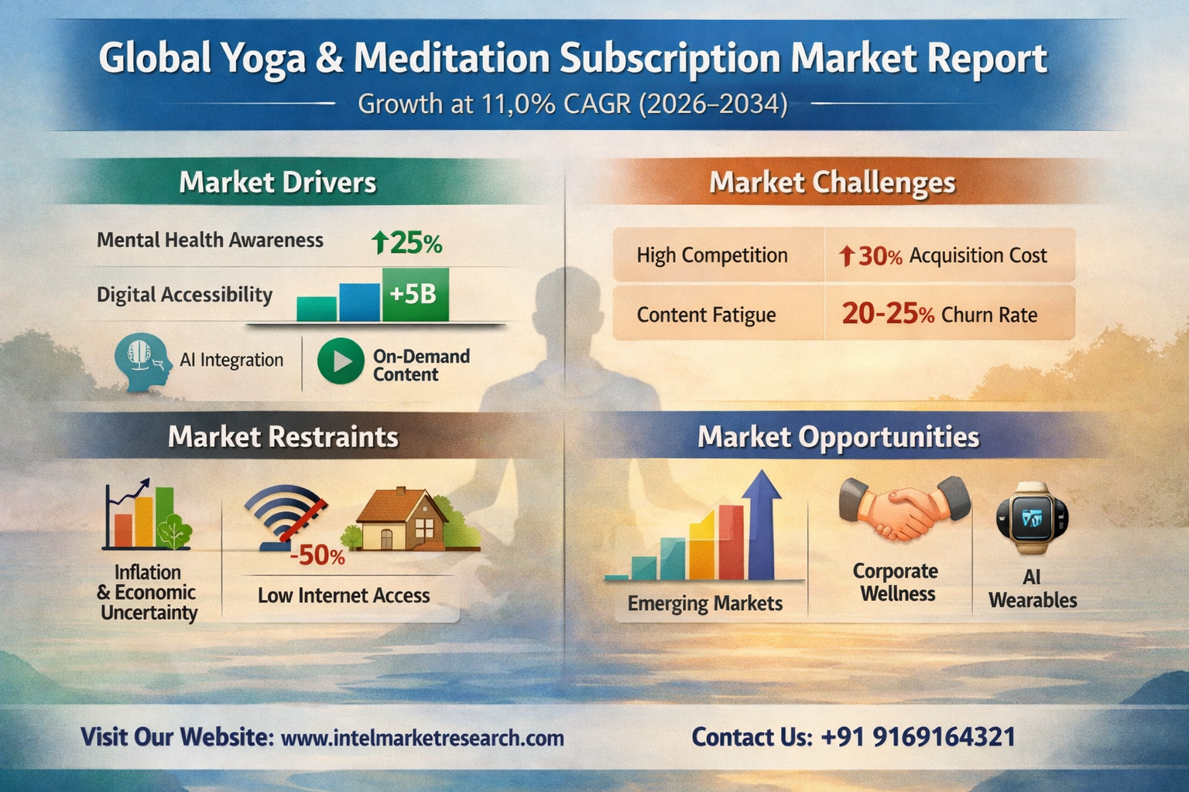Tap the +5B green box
coord(416,295)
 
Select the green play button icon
coord(341,360)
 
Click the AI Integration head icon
coord(143,362)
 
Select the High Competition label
coord(712,255)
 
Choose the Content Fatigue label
coord(706,315)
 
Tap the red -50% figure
coord(317,555)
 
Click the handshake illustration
coord(904,508)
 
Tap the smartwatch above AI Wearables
coord(1032,517)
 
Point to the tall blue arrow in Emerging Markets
coord(761,524)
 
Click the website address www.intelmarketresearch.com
coord(422,738)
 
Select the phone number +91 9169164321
coord(918,737)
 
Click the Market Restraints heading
coord(283,437)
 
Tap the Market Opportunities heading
coord(838,437)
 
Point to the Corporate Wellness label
coord(896,582)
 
